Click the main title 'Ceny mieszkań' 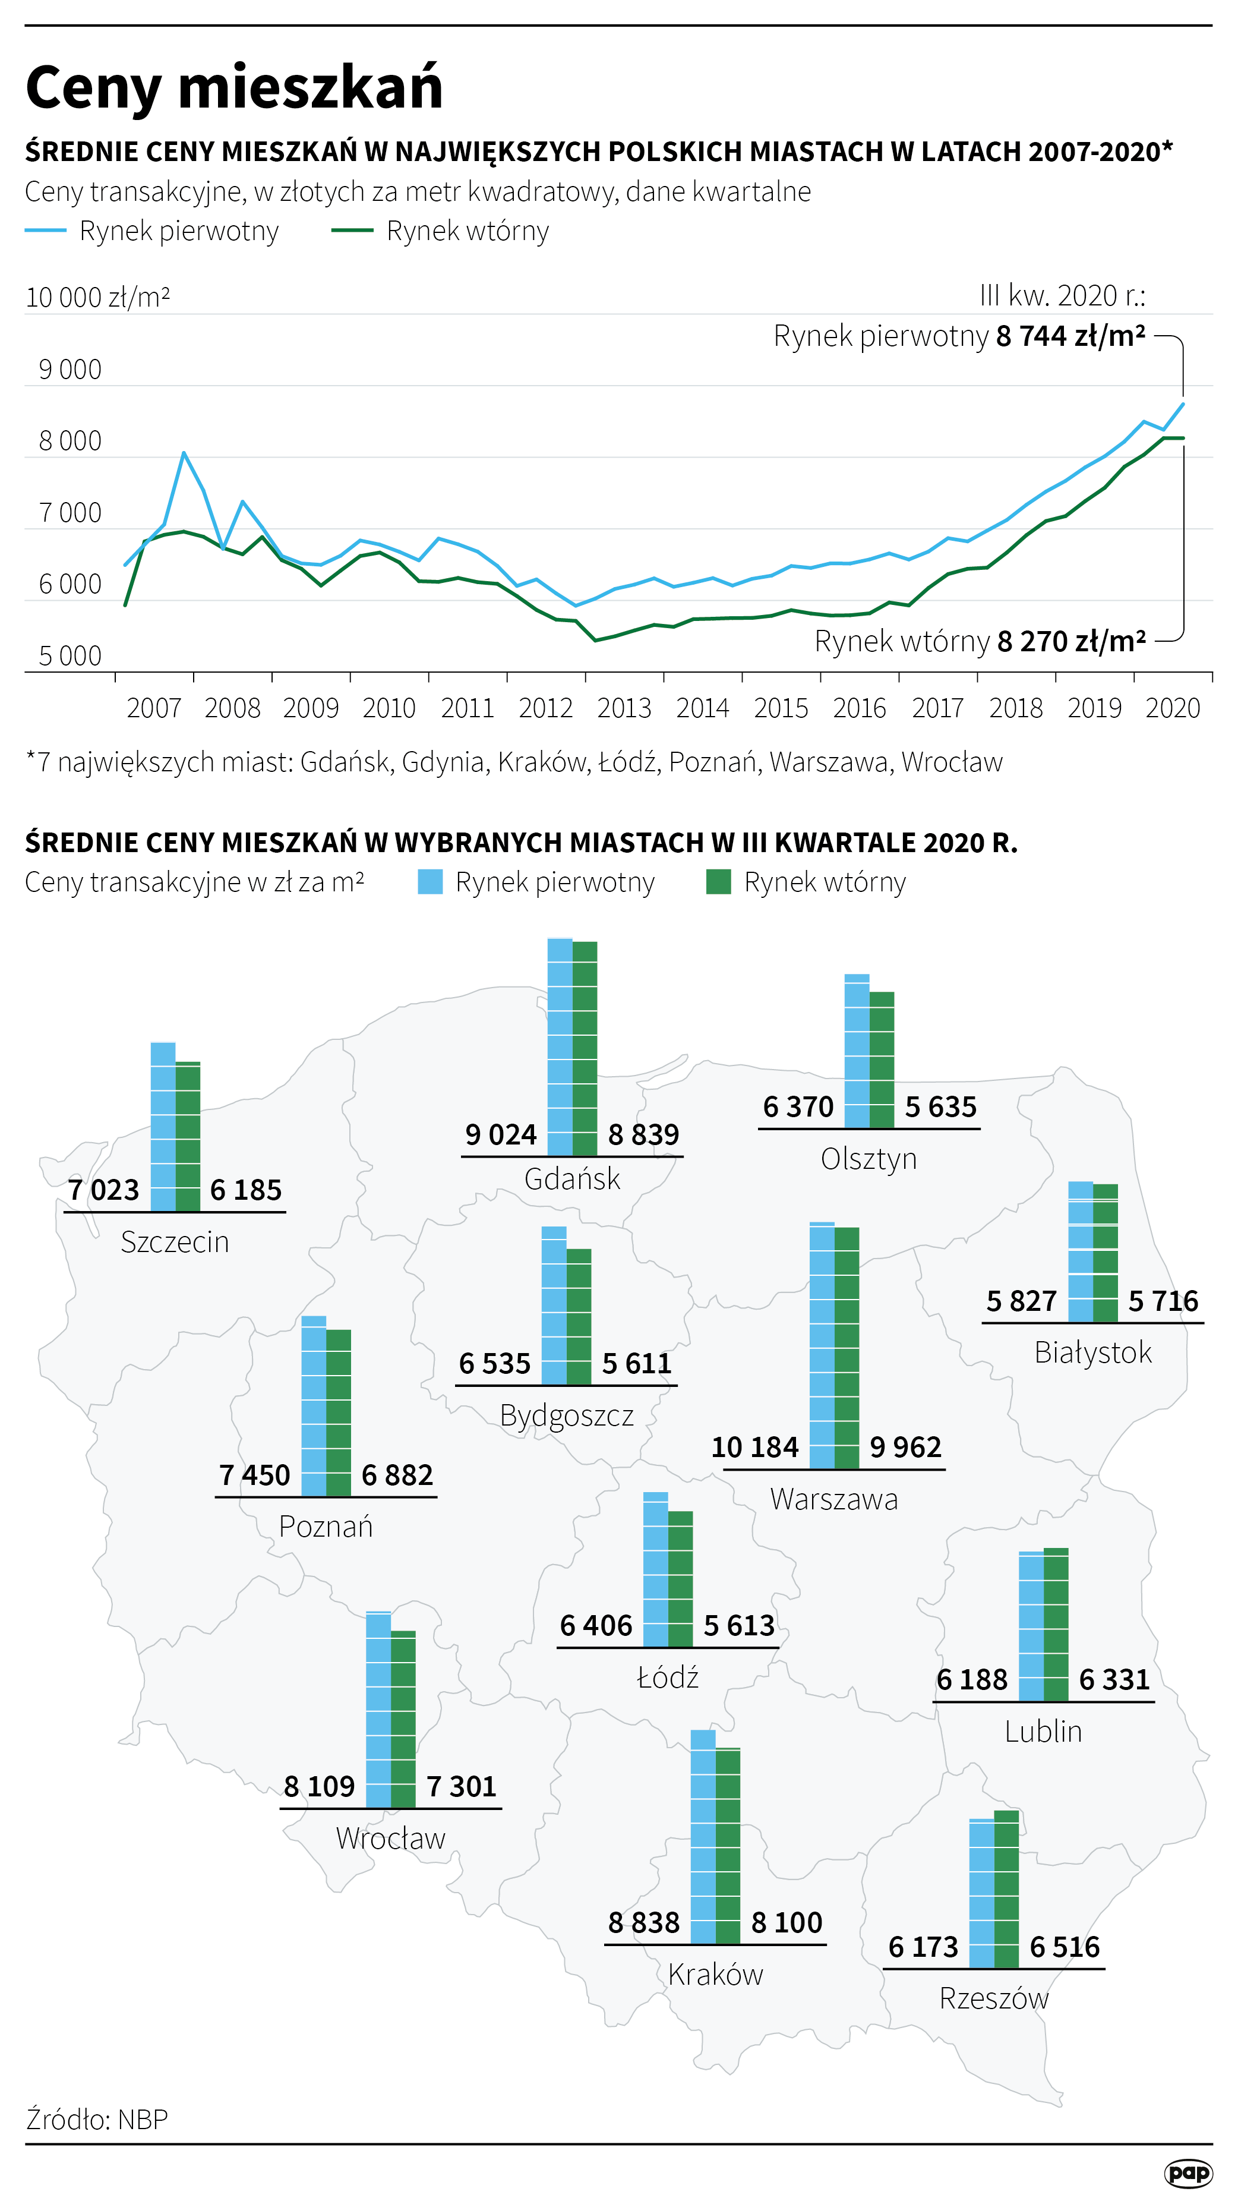pyautogui.click(x=233, y=87)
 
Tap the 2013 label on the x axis pyautogui.click(x=624, y=708)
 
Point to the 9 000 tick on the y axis pyautogui.click(x=70, y=370)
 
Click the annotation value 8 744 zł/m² pyautogui.click(x=1070, y=336)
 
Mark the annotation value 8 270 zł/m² pyautogui.click(x=1071, y=641)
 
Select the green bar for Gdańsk pyautogui.click(x=585, y=1048)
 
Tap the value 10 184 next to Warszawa pyautogui.click(x=754, y=1447)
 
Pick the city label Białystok pyautogui.click(x=1092, y=1352)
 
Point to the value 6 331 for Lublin pyautogui.click(x=1114, y=1679)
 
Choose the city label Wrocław pyautogui.click(x=391, y=1838)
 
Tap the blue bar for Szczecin pyautogui.click(x=163, y=1126)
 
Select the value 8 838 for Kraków pyautogui.click(x=643, y=1922)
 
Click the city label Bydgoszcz pyautogui.click(x=566, y=1415)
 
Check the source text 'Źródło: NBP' pyautogui.click(x=97, y=2119)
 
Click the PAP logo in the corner pyautogui.click(x=1188, y=2173)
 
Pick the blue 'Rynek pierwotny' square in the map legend pyautogui.click(x=430, y=882)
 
